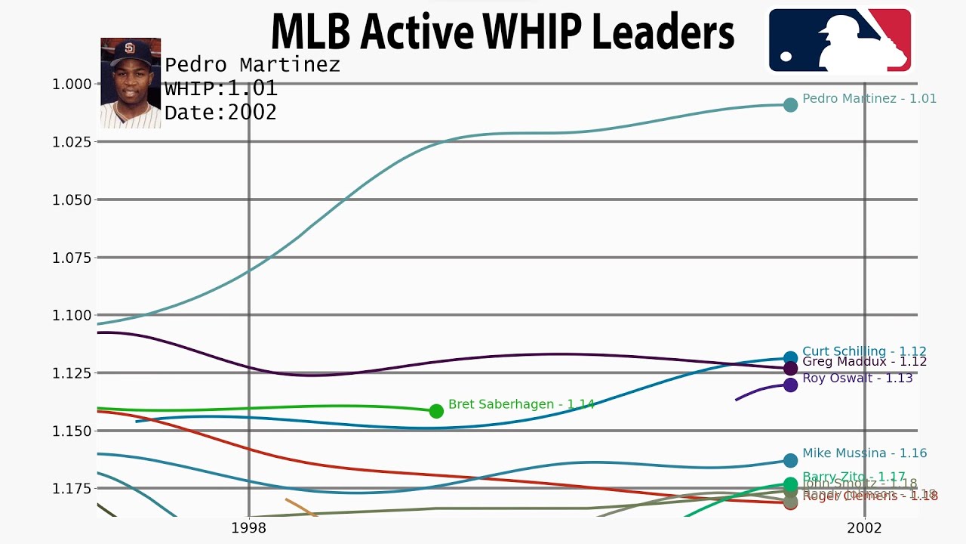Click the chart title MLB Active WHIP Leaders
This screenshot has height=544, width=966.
pyautogui.click(x=502, y=32)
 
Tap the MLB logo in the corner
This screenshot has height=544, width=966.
pyautogui.click(x=839, y=40)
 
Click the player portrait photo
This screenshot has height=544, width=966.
pyautogui.click(x=131, y=83)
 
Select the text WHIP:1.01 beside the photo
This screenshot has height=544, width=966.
pyautogui.click(x=221, y=89)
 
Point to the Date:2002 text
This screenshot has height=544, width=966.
pyautogui.click(x=220, y=113)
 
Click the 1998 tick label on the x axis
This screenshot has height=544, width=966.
pyautogui.click(x=249, y=527)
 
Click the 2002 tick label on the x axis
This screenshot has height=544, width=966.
pyautogui.click(x=864, y=527)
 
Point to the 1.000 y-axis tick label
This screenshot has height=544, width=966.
pyautogui.click(x=71, y=84)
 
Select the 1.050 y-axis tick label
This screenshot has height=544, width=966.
pyautogui.click(x=71, y=199)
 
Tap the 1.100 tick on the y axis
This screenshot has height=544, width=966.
pyautogui.click(x=71, y=315)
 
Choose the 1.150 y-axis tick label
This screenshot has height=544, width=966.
pyautogui.click(x=71, y=431)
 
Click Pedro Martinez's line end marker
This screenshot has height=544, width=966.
pyautogui.click(x=790, y=105)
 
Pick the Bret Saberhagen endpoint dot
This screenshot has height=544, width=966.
pyautogui.click(x=436, y=411)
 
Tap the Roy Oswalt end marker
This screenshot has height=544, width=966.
pyautogui.click(x=790, y=385)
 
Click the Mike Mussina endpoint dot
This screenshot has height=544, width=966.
pyautogui.click(x=790, y=460)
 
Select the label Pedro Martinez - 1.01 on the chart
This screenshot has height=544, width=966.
pyautogui.click(x=869, y=99)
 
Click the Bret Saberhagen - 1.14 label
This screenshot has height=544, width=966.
pyautogui.click(x=521, y=405)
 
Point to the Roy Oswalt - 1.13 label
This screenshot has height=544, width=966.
pyautogui.click(x=857, y=378)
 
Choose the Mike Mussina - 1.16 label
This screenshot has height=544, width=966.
pyautogui.click(x=864, y=453)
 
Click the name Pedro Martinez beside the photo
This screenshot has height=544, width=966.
pyautogui.click(x=252, y=65)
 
